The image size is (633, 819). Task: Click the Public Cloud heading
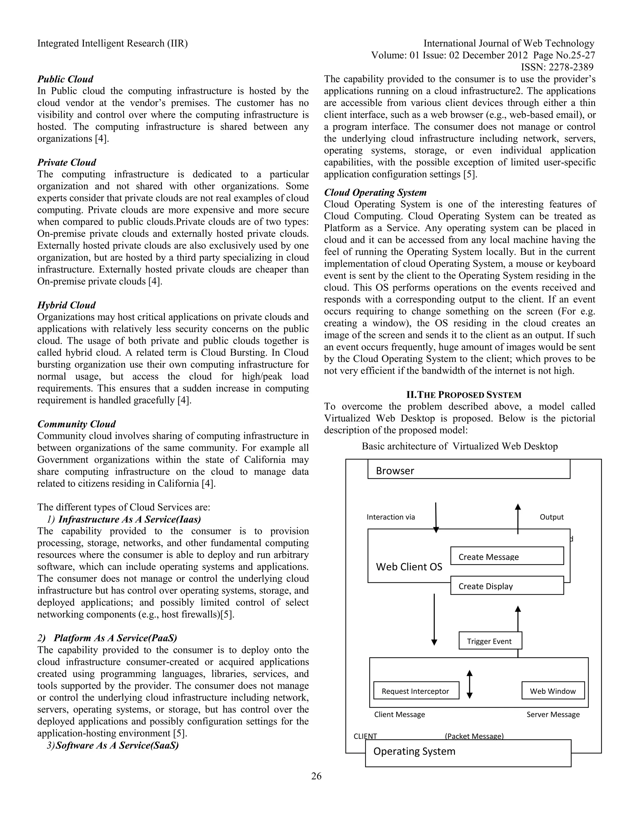[65, 79]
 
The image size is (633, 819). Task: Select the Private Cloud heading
[67, 162]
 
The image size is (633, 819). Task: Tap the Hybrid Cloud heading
[66, 305]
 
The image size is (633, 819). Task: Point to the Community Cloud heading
[77, 424]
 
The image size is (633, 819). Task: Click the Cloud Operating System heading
[375, 192]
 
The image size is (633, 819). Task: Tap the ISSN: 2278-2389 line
[557, 67]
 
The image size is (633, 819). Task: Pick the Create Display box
[507, 586]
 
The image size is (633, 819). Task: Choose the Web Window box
[553, 691]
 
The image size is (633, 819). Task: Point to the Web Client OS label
[409, 567]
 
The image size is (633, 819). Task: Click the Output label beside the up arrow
[551, 517]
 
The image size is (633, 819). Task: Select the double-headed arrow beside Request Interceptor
[469, 684]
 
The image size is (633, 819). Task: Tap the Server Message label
[553, 714]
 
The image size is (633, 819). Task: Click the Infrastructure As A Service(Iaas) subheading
[130, 520]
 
